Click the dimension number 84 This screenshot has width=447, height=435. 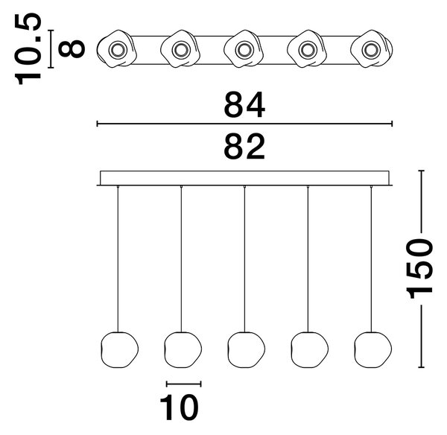(244, 104)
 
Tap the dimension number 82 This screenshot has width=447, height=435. (244, 146)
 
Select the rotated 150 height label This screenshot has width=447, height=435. (421, 269)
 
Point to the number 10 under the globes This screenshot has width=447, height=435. (179, 407)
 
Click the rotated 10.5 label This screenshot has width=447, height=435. (28, 48)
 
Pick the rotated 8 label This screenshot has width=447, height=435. (72, 48)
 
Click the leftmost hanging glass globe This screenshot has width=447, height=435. (120, 350)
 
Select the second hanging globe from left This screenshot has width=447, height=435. (183, 350)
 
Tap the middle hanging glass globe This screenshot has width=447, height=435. (247, 350)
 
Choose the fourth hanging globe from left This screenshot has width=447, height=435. (310, 350)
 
